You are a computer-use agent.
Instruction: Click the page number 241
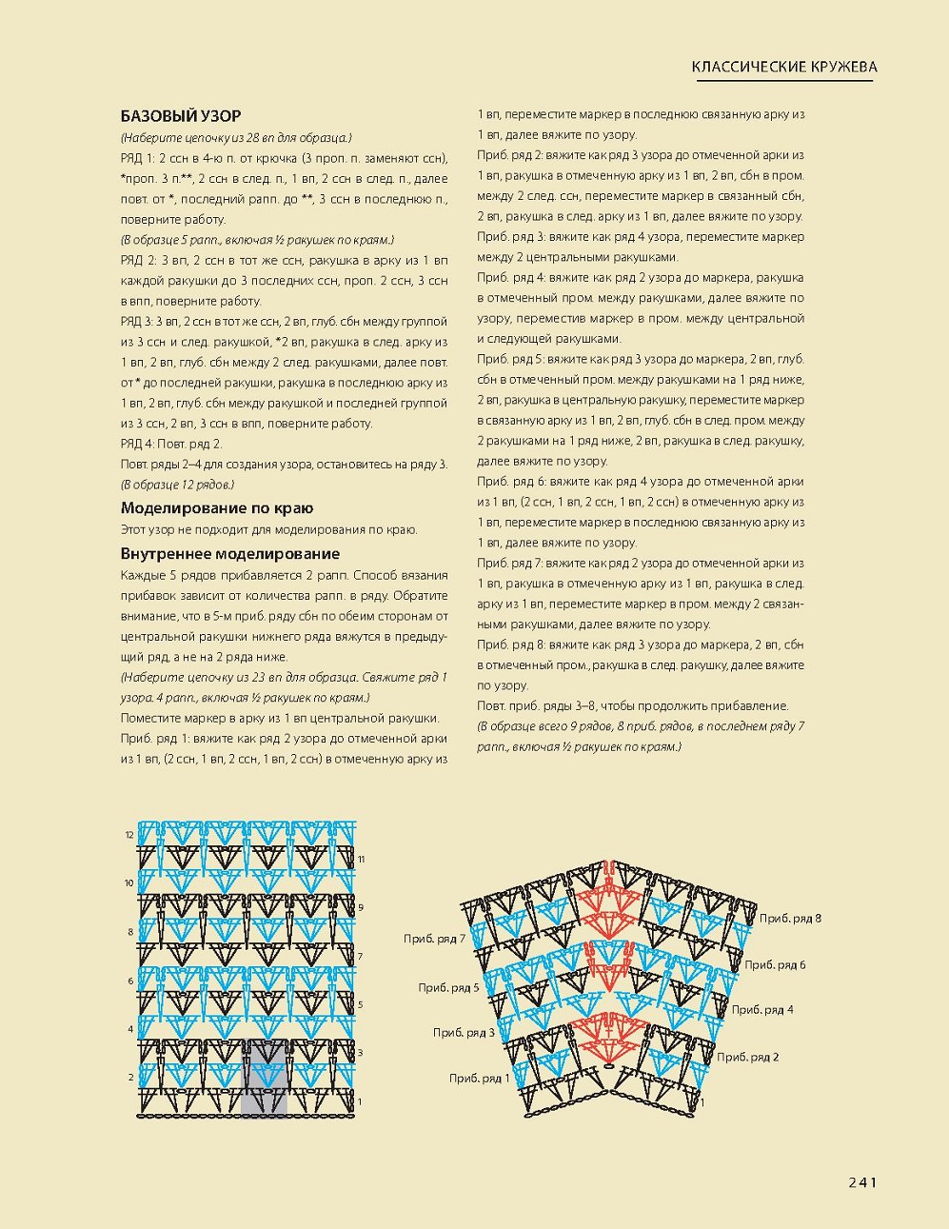click(861, 1182)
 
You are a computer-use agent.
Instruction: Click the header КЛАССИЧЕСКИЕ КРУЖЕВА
click(784, 67)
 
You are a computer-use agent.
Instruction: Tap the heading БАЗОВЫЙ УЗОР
click(181, 116)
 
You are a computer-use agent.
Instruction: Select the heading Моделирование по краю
click(217, 508)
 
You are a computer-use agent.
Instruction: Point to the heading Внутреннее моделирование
click(230, 554)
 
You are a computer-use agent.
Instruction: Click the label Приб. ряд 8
click(790, 918)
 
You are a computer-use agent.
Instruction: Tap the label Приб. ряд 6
click(775, 964)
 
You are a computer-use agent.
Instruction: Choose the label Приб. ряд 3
click(464, 1033)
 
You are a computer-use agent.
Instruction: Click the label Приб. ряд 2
click(748, 1057)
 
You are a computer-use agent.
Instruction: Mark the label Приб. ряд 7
click(434, 939)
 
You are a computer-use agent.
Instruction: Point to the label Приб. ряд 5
click(448, 988)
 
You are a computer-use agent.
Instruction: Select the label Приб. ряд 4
click(762, 1010)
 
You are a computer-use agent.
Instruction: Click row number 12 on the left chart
click(129, 835)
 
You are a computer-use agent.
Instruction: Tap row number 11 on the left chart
click(361, 860)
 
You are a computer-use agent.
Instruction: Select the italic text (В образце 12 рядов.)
click(178, 485)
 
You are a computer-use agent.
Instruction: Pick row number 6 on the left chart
click(130, 981)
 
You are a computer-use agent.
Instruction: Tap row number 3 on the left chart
click(360, 1053)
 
